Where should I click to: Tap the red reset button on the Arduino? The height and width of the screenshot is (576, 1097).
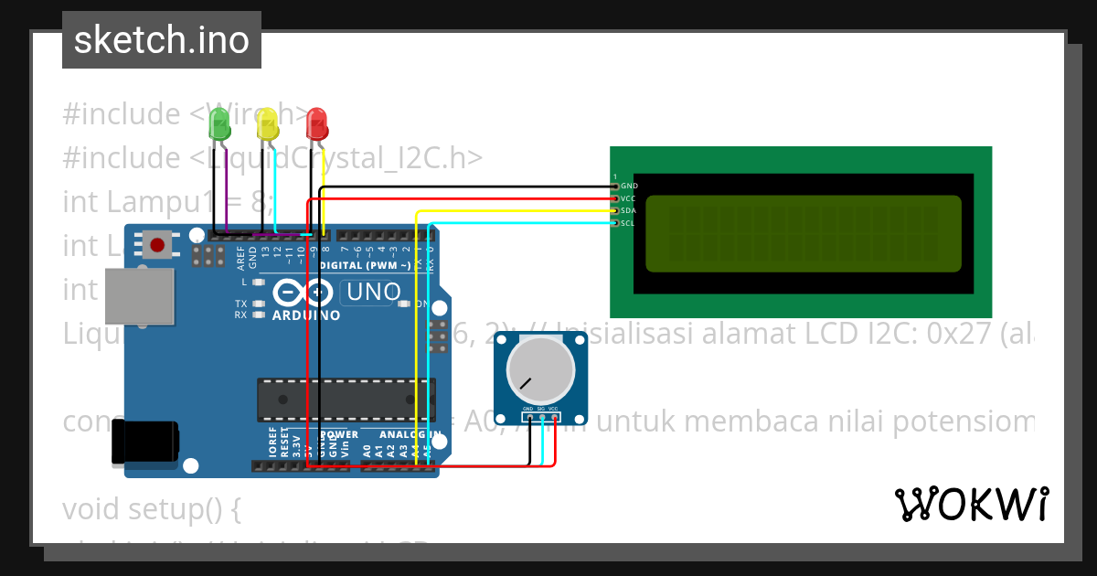point(157,245)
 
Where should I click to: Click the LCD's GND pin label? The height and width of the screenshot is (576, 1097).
point(629,186)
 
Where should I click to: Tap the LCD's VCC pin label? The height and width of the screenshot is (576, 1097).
point(629,198)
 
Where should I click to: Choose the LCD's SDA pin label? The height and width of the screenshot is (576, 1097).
point(629,210)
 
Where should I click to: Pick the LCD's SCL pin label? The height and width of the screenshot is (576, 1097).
point(629,223)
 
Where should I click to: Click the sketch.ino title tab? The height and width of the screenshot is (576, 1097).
point(162,40)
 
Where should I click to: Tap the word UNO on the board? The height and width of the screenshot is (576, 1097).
point(371,292)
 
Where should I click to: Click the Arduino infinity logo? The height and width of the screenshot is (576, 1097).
point(303,293)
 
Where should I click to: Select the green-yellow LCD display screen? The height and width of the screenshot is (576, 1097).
point(804,234)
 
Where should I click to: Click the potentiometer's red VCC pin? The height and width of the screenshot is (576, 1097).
point(554,419)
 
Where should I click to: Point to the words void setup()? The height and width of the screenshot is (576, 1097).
point(151,508)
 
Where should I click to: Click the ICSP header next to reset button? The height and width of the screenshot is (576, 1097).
point(209,254)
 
